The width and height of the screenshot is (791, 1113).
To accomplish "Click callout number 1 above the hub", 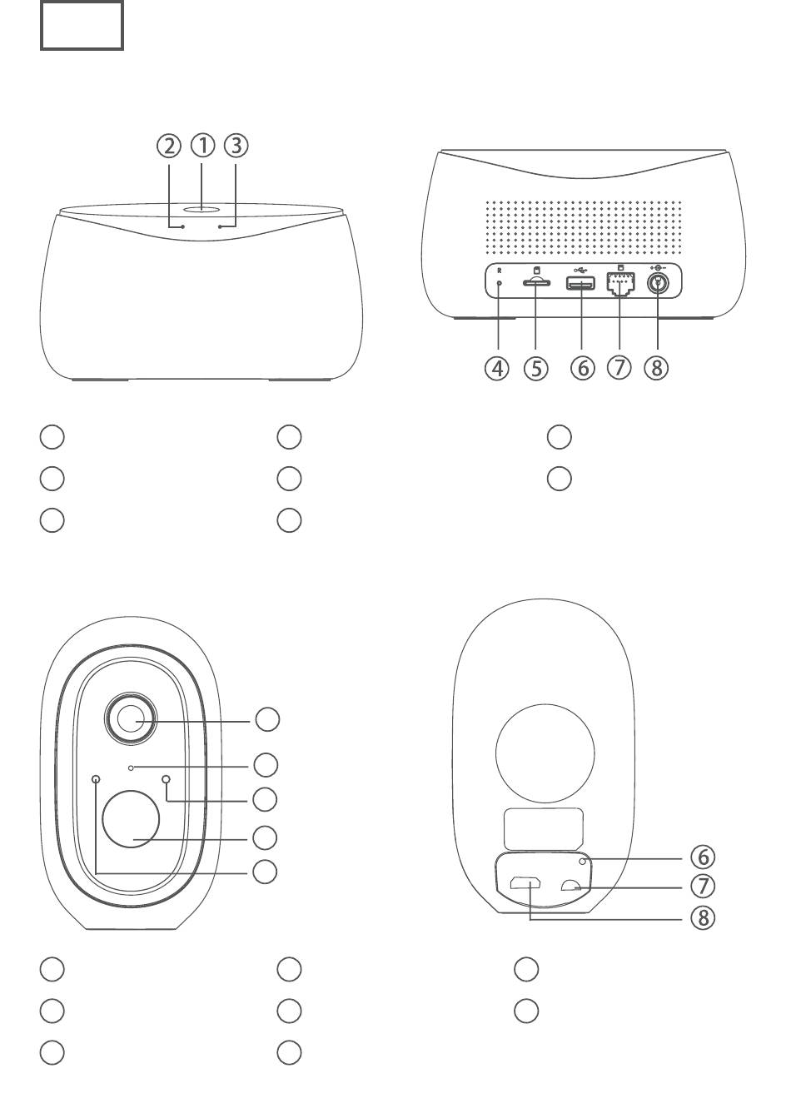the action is click(202, 146).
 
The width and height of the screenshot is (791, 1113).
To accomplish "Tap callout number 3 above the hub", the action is click(236, 146).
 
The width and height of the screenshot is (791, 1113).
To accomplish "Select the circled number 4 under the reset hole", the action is click(497, 367).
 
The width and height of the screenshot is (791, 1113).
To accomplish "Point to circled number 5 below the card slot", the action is click(535, 367).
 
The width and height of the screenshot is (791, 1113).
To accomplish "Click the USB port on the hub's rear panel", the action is click(580, 284).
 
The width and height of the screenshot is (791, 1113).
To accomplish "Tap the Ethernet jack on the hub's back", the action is click(619, 285).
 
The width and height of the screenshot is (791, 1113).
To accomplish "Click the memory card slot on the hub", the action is click(535, 284).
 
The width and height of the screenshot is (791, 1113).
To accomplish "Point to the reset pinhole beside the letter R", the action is click(499, 283).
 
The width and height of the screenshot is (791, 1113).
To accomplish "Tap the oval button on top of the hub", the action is click(202, 211).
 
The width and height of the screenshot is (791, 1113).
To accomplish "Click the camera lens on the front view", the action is click(130, 718).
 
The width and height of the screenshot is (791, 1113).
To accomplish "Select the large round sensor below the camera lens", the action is click(131, 819).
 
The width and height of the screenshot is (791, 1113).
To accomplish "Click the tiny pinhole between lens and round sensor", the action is click(131, 765).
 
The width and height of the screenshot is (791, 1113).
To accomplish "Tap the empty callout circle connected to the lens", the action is click(267, 719).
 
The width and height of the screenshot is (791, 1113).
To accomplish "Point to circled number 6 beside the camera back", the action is click(703, 857).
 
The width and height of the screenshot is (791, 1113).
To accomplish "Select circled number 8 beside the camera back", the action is click(703, 917).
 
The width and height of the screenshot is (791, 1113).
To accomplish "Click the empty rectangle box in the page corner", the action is click(82, 26).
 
